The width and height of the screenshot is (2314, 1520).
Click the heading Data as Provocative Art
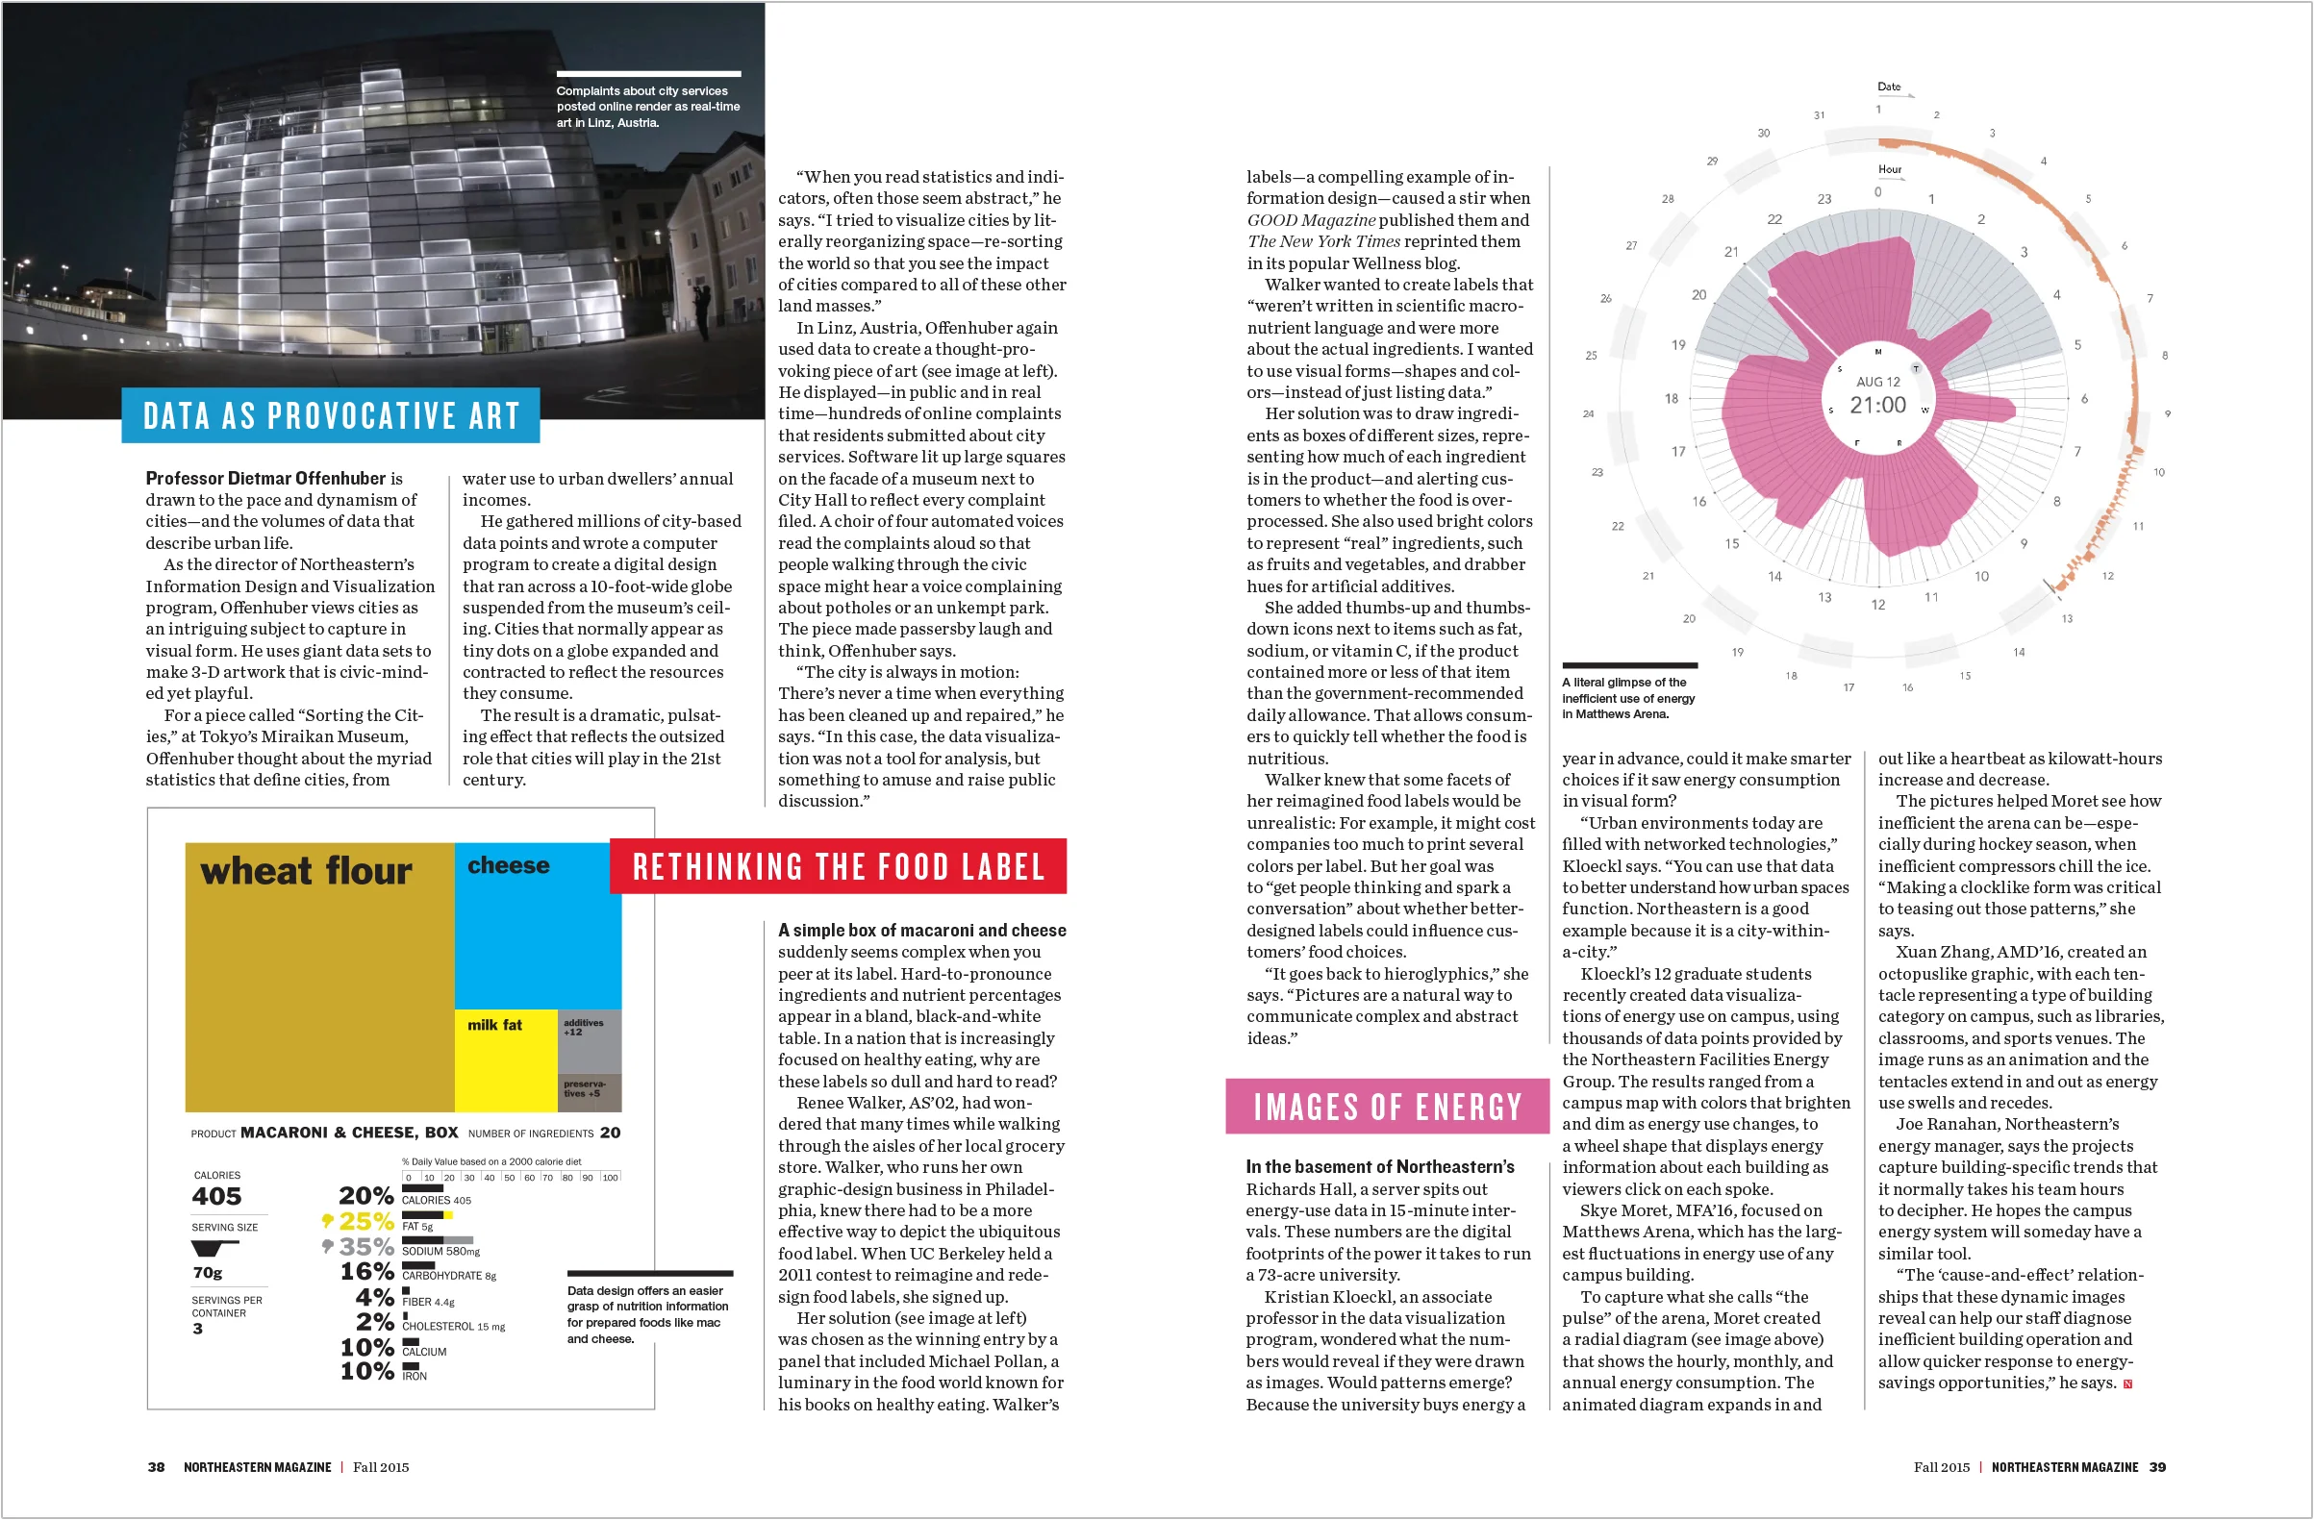(331, 416)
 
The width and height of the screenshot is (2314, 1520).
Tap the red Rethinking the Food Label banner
(838, 867)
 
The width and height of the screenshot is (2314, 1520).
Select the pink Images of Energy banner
(1388, 1107)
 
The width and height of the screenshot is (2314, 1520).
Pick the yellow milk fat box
(506, 1059)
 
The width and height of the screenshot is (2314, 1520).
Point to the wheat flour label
(306, 871)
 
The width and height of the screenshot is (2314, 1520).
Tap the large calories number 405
(216, 1196)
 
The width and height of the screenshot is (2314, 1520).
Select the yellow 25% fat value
(365, 1222)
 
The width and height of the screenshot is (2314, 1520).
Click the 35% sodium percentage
(365, 1247)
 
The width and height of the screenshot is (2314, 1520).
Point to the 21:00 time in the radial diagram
(1877, 406)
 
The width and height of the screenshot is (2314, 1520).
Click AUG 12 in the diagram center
(1877, 382)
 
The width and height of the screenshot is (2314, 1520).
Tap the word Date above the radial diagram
(1888, 87)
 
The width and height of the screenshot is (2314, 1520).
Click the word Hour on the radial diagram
(1889, 169)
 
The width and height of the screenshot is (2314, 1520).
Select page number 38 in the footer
(156, 1467)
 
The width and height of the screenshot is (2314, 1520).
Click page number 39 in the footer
(2157, 1467)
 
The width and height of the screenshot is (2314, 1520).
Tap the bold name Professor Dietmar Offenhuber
(265, 478)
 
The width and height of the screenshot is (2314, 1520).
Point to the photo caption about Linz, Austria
(647, 107)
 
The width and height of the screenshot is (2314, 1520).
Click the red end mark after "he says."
(2127, 1383)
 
